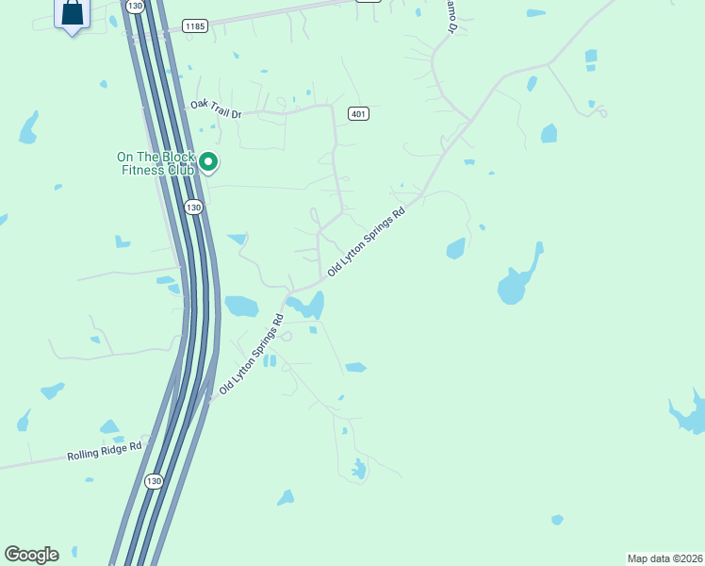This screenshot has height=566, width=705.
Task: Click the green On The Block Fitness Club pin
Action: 208,163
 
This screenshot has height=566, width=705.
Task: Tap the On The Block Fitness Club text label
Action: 156,164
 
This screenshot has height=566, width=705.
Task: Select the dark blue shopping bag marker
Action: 72,14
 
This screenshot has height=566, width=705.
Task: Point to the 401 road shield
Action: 357,114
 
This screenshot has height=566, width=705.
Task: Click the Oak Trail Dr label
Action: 216,109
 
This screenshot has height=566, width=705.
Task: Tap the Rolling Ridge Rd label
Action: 104,451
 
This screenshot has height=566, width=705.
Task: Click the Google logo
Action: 31,555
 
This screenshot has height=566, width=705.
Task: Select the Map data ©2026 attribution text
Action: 664,558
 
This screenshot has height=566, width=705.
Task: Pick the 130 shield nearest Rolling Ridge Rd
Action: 155,481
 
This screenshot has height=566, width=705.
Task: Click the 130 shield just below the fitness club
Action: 193,207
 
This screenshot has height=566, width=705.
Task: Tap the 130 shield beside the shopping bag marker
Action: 134,6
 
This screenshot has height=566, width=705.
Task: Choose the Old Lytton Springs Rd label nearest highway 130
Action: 252,355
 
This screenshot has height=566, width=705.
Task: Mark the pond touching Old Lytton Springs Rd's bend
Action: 307,305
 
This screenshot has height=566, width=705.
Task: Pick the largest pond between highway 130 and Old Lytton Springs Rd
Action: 241,306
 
